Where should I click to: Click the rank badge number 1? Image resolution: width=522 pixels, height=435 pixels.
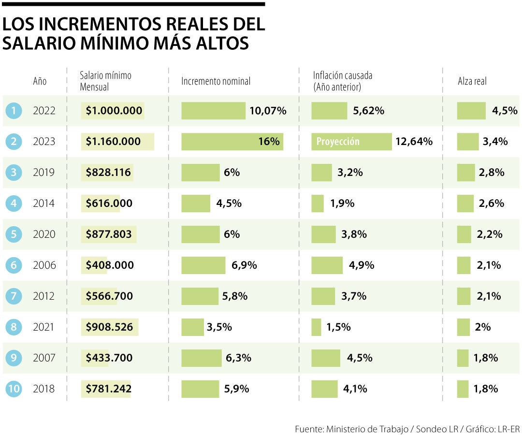click(14, 111)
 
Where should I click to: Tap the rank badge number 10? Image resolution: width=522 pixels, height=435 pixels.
click(14, 389)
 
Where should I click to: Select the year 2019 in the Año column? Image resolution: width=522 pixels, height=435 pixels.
click(44, 173)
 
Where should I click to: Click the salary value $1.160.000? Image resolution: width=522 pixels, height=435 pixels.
click(114, 142)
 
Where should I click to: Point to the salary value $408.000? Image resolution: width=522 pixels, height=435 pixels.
click(110, 265)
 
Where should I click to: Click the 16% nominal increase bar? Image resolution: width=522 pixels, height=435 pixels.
click(232, 142)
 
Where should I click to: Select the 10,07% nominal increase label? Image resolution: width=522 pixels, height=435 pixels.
click(268, 111)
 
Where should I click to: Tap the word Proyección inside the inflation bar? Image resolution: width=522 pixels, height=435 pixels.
click(338, 142)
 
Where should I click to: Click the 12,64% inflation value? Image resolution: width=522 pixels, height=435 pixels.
click(414, 142)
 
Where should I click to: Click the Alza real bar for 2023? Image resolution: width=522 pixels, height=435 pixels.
click(467, 142)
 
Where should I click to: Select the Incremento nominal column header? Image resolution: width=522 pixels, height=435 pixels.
click(216, 81)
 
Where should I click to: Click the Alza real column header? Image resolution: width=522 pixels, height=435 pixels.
click(472, 81)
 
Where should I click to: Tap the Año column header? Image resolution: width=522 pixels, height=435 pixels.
click(40, 81)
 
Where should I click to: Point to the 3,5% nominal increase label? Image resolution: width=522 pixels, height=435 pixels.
click(219, 327)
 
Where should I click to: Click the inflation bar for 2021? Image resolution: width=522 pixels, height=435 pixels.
click(316, 327)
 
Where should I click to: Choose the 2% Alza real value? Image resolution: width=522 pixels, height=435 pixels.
click(483, 327)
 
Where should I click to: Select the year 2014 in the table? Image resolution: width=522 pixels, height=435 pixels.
click(44, 203)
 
